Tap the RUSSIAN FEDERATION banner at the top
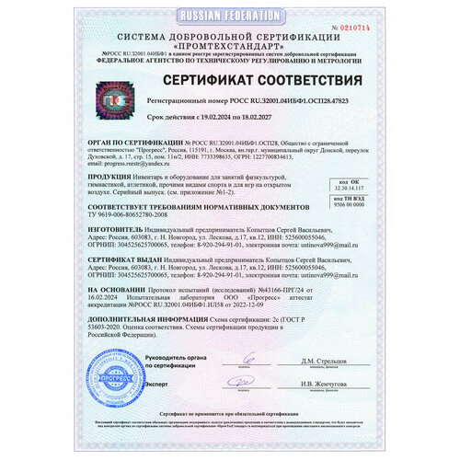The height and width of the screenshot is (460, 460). [x=229, y=17]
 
